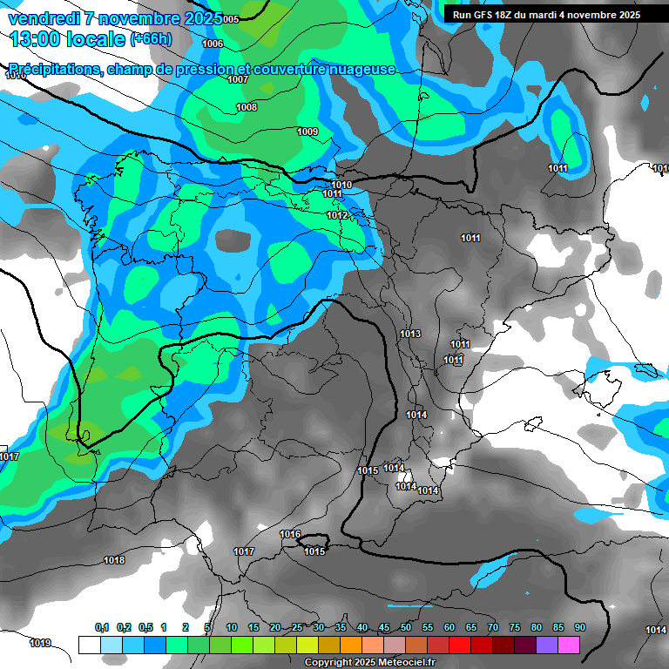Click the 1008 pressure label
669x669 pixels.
(247, 107)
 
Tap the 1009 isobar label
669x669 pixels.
(307, 132)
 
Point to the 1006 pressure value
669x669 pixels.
(212, 44)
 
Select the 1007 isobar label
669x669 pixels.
(238, 79)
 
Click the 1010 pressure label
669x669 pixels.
(341, 185)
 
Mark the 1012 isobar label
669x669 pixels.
(338, 215)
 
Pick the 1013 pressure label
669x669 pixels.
(410, 334)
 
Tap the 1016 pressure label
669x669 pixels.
(290, 534)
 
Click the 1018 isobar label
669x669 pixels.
(114, 560)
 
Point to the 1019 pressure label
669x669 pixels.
(40, 643)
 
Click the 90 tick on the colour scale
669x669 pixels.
(579, 627)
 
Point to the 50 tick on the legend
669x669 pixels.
(406, 627)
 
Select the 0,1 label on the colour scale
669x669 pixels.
(102, 627)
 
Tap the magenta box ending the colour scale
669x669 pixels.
(569, 645)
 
